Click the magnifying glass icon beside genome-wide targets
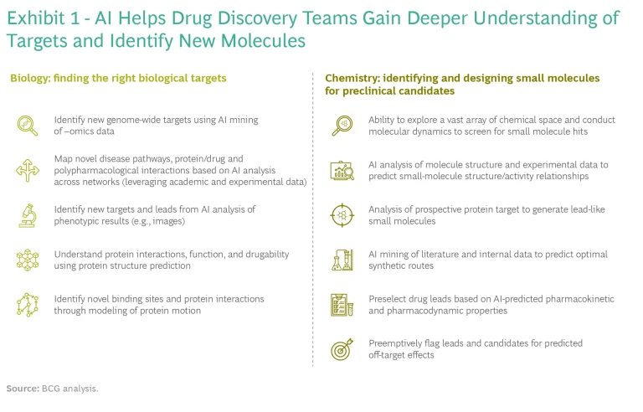pos(27,125)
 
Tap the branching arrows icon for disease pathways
pos(28,170)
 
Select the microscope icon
pos(28,215)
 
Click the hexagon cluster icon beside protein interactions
pos(28,260)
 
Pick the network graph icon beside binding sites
pos(28,305)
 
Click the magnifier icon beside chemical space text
pos(342,125)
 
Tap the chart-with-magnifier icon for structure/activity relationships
pos(342,170)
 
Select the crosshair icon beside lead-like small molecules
pos(342,215)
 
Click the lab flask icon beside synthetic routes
pos(342,260)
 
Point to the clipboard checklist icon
pos(342,305)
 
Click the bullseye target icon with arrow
pos(342,349)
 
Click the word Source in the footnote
pos(23,389)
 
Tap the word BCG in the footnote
pos(51,389)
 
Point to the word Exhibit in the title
pos(36,18)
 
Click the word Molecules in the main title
pos(263,41)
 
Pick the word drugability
pos(267,255)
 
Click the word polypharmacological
pos(104,170)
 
